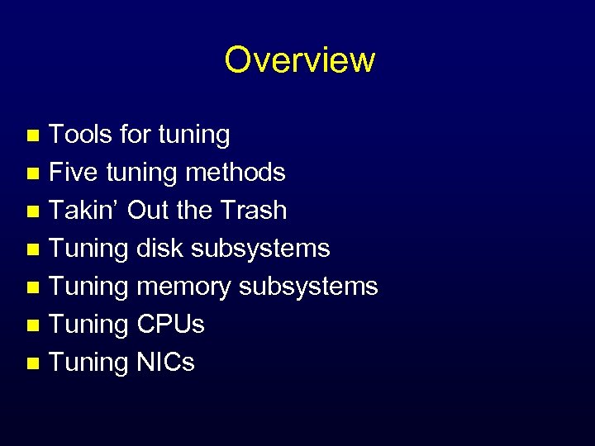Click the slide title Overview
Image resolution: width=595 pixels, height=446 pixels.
click(x=299, y=59)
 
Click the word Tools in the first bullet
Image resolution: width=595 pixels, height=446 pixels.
click(x=80, y=134)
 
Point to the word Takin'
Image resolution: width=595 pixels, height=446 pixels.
click(x=86, y=211)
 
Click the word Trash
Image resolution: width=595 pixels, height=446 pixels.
click(x=254, y=211)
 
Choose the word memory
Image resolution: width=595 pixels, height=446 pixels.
click(x=184, y=287)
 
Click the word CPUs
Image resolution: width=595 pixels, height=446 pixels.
click(x=169, y=325)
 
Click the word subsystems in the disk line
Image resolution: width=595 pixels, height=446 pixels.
click(x=261, y=248)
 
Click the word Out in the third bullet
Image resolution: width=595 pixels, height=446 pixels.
click(x=149, y=211)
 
